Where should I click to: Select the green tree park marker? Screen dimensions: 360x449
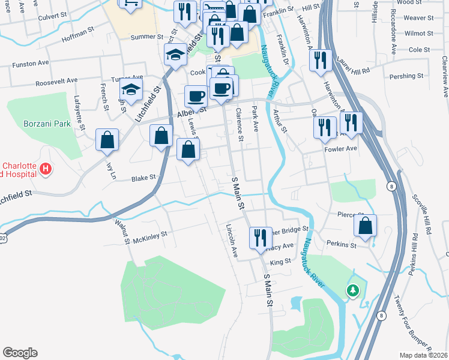pyautogui.click(x=353, y=291)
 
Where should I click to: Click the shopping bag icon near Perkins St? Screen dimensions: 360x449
pyautogui.click(x=365, y=226)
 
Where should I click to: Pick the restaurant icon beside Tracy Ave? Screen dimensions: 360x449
pyautogui.click(x=260, y=237)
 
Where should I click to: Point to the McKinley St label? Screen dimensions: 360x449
pyautogui.click(x=150, y=236)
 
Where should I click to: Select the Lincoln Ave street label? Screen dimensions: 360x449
pyautogui.click(x=231, y=241)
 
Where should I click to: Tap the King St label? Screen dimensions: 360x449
pyautogui.click(x=280, y=262)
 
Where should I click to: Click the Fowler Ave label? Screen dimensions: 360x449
pyautogui.click(x=340, y=148)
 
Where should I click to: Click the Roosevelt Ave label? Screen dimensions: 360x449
pyautogui.click(x=56, y=80)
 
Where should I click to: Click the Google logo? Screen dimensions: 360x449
pyautogui.click(x=20, y=352)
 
